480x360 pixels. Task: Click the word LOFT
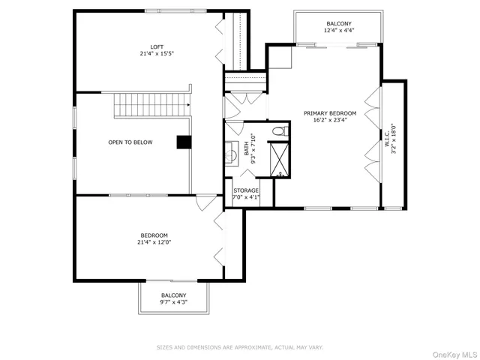[x=156, y=46]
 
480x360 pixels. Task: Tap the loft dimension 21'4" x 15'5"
[x=156, y=54]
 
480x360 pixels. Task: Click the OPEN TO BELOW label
[x=130, y=142]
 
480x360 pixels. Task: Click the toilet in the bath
[x=279, y=132]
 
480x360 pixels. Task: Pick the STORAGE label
[x=245, y=190]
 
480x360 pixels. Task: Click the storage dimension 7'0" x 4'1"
[x=245, y=197]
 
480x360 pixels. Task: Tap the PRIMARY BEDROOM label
[x=330, y=113]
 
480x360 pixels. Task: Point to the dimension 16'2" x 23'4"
[x=330, y=120]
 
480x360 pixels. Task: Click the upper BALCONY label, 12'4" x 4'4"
[x=339, y=28]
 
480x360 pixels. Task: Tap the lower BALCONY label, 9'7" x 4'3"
[x=173, y=298]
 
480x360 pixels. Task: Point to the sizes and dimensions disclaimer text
[x=239, y=347]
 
